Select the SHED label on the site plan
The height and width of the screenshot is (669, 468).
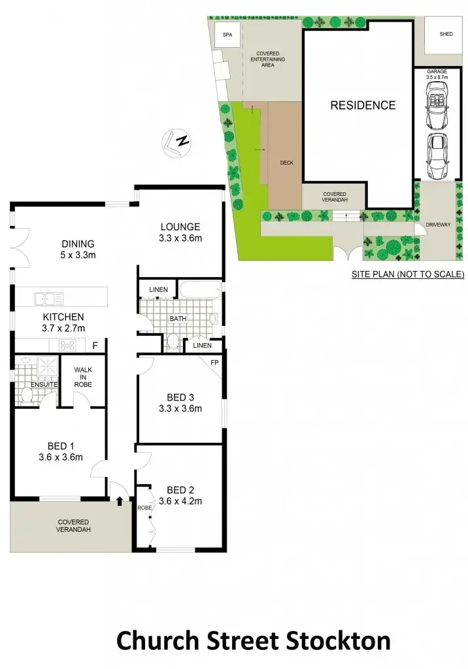pyautogui.click(x=446, y=35)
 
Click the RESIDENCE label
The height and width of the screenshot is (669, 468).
pyautogui.click(x=362, y=105)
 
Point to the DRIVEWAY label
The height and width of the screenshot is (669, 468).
pyautogui.click(x=438, y=225)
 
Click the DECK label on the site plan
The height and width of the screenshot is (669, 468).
pyautogui.click(x=286, y=163)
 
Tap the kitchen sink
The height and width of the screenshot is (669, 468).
pyautogui.click(x=49, y=299)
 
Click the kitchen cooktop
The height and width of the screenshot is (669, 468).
pyautogui.click(x=69, y=346)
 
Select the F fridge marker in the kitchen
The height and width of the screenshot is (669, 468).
pyautogui.click(x=95, y=346)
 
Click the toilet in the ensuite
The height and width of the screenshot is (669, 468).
pyautogui.click(x=26, y=395)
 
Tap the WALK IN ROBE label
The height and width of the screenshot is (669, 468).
pyautogui.click(x=83, y=377)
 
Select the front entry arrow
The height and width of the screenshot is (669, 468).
pyautogui.click(x=120, y=501)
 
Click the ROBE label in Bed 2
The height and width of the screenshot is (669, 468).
pyautogui.click(x=144, y=508)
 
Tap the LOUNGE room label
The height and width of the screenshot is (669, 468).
pyautogui.click(x=180, y=227)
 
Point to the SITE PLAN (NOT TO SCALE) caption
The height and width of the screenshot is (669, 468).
pyautogui.click(x=407, y=274)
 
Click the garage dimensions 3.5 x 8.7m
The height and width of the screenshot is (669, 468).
pyautogui.click(x=437, y=77)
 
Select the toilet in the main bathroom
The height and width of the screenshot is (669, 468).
pyautogui.click(x=174, y=340)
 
